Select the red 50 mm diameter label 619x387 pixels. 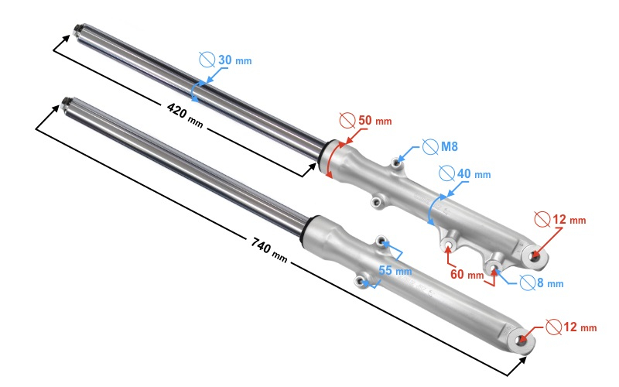tap(374, 122)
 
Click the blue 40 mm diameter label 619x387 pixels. tap(472, 173)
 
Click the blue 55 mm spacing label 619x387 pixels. tap(395, 270)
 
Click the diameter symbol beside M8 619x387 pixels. tap(429, 147)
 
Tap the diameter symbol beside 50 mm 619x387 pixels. tap(348, 122)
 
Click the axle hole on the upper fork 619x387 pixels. tap(534, 252)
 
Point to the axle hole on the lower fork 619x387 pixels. tap(525, 339)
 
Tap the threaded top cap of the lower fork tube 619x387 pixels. tap(67, 102)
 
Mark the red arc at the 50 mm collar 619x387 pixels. tap(331, 159)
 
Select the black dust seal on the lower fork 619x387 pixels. tap(309, 224)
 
